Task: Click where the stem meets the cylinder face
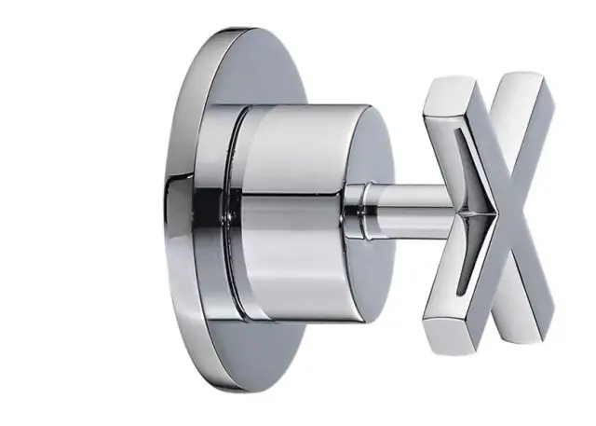point(346,207)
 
